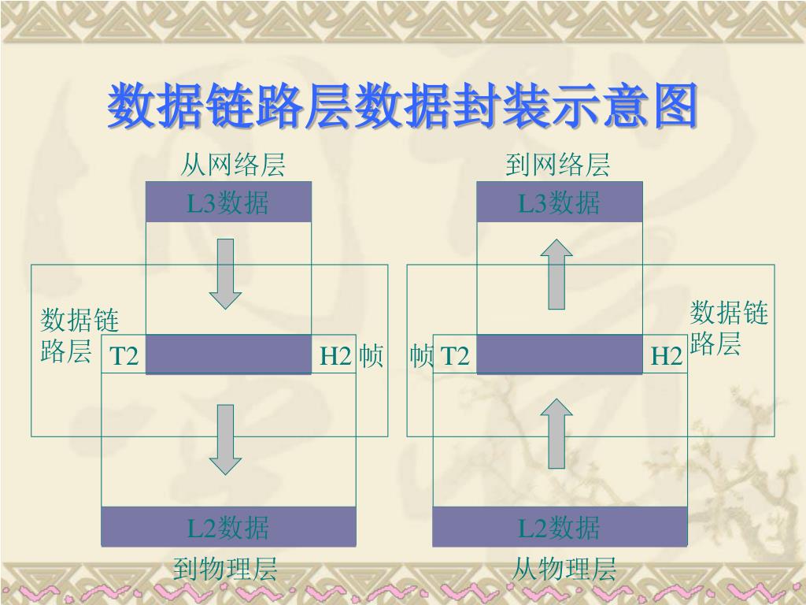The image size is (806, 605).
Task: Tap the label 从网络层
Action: pos(232,165)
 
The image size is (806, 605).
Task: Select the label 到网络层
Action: pos(558,165)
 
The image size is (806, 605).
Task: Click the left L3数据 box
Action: pos(228,202)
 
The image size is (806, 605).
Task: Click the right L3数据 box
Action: pos(560,202)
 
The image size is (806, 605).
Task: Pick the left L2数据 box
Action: pos(228,527)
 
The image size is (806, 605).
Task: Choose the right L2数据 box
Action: pos(560,527)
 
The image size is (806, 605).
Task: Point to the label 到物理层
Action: pos(226,570)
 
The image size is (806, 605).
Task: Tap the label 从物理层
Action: pos(564,570)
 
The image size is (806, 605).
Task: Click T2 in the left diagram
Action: pos(124,357)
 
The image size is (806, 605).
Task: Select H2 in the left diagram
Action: pos(335,357)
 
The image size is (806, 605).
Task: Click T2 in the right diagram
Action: pos(455,357)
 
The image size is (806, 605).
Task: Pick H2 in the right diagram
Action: pos(666,357)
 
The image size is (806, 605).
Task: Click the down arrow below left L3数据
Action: pos(226,273)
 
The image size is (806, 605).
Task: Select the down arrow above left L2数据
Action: pos(226,439)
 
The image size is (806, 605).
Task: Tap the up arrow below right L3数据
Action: pos(558,273)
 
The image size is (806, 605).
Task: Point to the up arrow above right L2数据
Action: pos(558,432)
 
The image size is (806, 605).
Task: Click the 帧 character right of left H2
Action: pos(371,357)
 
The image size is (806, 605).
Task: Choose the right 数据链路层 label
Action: pos(729,328)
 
